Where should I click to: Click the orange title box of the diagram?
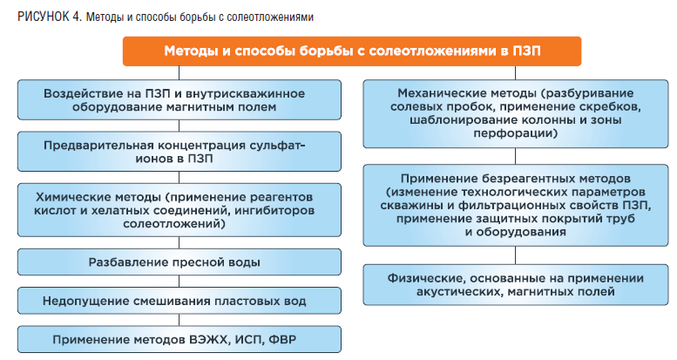(352, 51)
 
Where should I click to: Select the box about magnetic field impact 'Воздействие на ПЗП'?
(179, 100)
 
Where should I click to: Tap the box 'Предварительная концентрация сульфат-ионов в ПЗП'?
(179, 152)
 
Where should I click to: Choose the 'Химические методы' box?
(179, 210)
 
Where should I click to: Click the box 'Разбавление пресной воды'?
(179, 262)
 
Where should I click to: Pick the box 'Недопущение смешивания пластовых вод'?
(179, 301)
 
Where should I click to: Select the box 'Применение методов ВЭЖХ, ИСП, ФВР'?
(179, 339)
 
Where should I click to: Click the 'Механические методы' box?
(516, 113)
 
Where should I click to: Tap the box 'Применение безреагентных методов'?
(516, 206)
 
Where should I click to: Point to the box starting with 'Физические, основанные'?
(516, 285)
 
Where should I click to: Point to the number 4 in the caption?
(77, 17)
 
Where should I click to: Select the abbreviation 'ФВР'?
(282, 339)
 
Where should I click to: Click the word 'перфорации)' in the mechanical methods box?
(516, 133)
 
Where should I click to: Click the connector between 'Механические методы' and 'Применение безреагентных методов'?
(516, 156)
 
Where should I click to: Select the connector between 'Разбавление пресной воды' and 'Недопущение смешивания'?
(179, 282)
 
